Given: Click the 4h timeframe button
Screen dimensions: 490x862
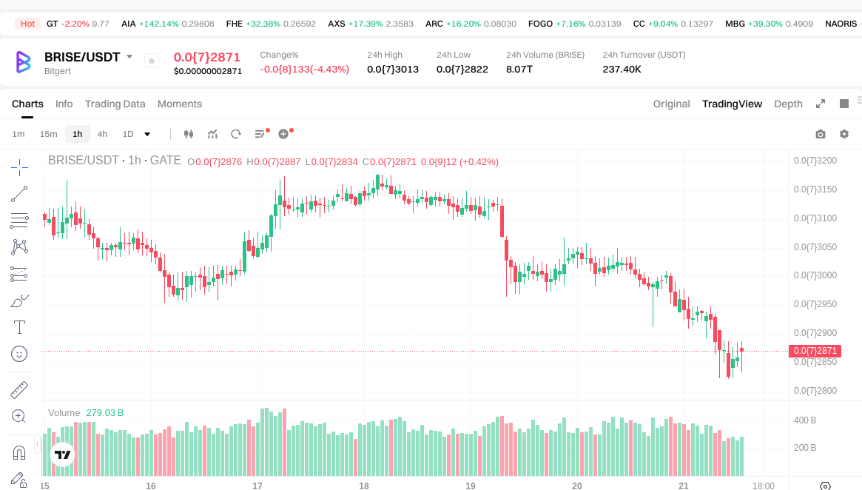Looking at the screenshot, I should point(102,134).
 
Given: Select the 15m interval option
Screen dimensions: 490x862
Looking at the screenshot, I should point(48,134).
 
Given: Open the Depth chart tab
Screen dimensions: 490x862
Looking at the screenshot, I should point(788,104).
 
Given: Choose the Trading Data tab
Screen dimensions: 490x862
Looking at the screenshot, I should point(115,104).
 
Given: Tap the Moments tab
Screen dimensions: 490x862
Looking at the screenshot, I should point(180,104).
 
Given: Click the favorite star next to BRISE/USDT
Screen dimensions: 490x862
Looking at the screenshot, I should point(151,61).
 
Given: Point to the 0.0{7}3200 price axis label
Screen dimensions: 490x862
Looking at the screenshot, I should point(815,161).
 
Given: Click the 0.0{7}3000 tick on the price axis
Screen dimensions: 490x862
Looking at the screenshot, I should point(815,275).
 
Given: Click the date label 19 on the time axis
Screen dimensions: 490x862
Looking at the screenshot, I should point(471,486).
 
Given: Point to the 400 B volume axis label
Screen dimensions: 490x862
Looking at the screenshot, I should point(804,420).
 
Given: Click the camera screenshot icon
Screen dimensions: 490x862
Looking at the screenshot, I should point(820,134).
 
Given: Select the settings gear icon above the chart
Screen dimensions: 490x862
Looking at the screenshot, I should point(844,134).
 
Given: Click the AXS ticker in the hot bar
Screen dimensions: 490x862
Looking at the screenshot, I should point(337,24).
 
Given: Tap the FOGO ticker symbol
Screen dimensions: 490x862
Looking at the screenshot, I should point(540,24).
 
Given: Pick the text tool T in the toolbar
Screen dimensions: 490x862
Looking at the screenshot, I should point(20,327).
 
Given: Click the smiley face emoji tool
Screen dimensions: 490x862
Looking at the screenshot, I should point(20,354).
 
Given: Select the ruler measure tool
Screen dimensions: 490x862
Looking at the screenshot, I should point(20,389).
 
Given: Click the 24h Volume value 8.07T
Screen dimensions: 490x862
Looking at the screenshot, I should point(519,70).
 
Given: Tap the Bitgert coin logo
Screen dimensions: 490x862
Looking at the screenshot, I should point(24,61).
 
